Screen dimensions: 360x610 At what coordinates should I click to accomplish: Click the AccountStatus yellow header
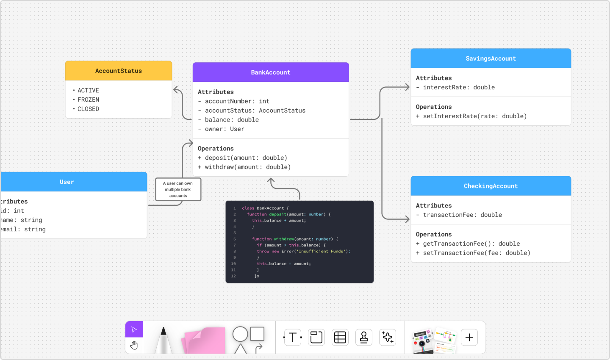119,71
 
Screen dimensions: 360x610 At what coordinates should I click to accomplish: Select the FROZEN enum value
88,100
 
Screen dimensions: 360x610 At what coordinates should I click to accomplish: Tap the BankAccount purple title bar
271,72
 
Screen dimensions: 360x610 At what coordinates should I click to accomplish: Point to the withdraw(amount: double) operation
247,167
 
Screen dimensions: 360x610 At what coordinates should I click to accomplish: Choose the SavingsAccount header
491,58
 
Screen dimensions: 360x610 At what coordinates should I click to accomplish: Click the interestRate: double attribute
458,87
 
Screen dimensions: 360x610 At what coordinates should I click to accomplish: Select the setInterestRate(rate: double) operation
474,116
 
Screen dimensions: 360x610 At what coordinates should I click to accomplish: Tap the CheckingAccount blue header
491,186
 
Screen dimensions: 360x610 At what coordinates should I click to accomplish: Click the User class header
67,182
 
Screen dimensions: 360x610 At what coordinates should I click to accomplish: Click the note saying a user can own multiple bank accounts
178,189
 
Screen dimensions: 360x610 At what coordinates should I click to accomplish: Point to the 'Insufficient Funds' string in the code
321,251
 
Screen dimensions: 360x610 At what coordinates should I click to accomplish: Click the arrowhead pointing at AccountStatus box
176,89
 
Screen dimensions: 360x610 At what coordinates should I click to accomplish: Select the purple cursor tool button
134,330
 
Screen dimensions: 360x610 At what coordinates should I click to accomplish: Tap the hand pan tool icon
134,346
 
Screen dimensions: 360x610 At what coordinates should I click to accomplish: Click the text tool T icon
292,338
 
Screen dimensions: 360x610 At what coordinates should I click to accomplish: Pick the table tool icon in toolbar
340,338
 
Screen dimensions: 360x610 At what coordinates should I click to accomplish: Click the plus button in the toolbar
469,338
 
